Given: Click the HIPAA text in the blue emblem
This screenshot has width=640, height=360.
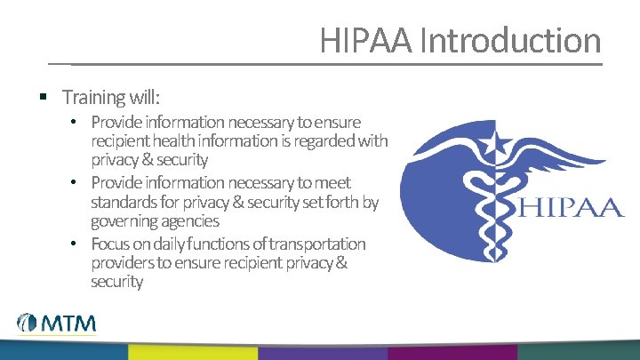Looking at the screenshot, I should [569, 209].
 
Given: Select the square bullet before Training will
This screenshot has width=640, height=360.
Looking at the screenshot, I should [43, 94].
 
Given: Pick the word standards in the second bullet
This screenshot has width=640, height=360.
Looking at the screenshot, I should [120, 202].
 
